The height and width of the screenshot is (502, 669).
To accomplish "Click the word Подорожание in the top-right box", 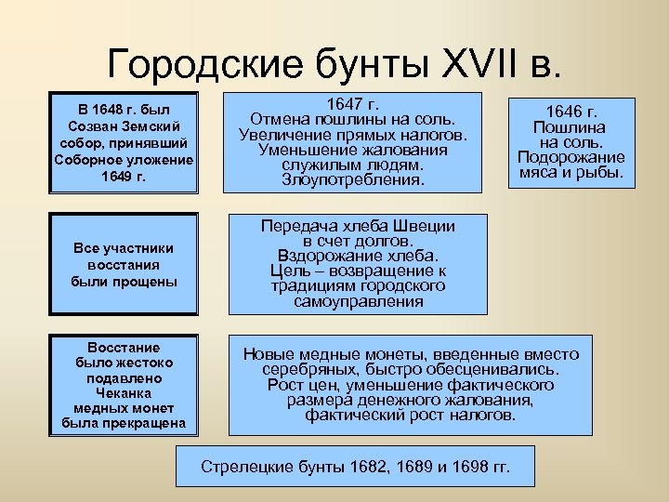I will pos(571,157).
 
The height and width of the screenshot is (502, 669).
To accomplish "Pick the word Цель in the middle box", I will pos(289,271).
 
